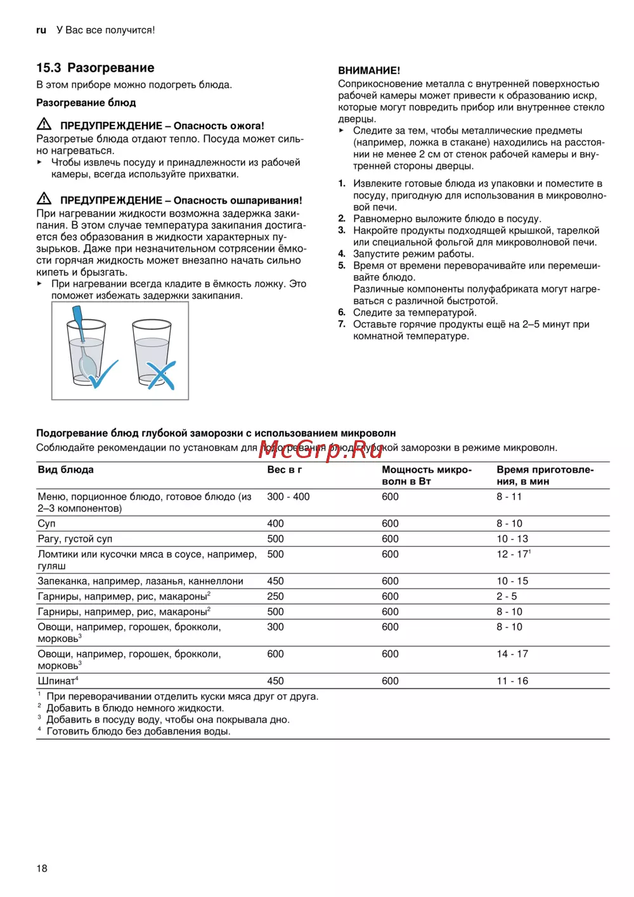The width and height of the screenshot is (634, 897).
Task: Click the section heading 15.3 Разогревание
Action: coord(95,68)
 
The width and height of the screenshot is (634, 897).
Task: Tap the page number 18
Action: coord(42,868)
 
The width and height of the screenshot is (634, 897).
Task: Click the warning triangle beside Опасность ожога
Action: coord(44,124)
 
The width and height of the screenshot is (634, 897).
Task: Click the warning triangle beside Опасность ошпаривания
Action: coord(44,199)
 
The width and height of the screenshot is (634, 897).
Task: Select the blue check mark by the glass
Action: coord(103,374)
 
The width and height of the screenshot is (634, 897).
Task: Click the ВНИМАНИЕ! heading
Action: coord(369,70)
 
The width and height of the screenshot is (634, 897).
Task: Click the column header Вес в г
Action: coord(284,469)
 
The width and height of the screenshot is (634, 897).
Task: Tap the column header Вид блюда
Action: coord(65,469)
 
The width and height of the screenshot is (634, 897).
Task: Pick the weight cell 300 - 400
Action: coord(288,497)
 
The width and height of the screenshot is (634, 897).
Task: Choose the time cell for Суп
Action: coord(509,523)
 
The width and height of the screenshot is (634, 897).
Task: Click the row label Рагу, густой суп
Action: coord(75,539)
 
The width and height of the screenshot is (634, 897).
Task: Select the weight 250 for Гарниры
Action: coord(275,596)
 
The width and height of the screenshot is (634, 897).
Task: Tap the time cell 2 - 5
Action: coord(507,596)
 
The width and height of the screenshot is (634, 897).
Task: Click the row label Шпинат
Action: coord(57,681)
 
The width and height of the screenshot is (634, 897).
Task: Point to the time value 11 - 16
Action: coord(512,681)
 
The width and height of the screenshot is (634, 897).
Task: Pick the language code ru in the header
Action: coord(41,30)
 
